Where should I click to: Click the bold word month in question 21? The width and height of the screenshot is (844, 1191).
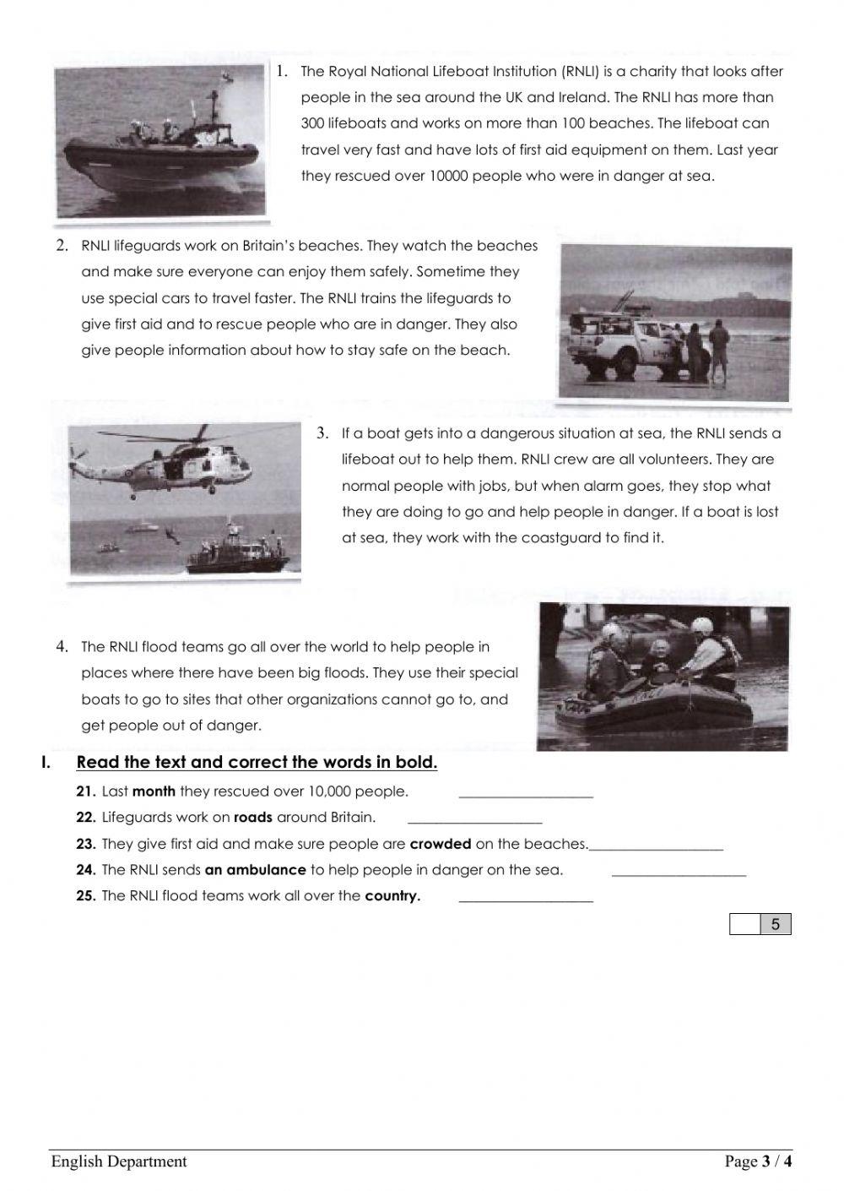[154, 791]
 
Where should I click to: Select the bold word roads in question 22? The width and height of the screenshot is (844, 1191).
[253, 818]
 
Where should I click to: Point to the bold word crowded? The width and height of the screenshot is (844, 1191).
[440, 844]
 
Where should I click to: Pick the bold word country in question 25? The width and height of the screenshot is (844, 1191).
[392, 896]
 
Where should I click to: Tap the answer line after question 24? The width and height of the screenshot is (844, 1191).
[679, 873]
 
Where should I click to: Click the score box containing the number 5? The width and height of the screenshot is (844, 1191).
[776, 925]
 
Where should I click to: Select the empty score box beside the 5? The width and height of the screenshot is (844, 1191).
[745, 925]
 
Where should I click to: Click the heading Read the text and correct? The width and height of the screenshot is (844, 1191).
[257, 763]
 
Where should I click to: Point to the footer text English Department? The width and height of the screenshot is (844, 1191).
[119, 1161]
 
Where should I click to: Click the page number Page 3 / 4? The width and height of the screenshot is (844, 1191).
[758, 1161]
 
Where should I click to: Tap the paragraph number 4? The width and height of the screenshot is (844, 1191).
[62, 647]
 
